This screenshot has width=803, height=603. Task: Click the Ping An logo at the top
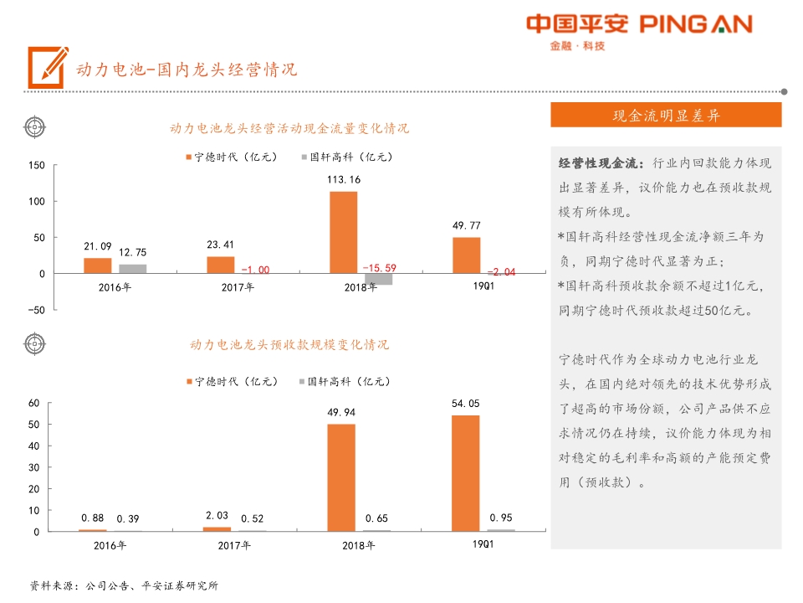639,31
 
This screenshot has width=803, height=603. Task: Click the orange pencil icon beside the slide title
48,66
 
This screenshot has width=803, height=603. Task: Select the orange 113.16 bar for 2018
343,232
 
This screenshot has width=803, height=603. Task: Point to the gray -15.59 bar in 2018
378,279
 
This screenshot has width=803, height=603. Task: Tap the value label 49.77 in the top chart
466,225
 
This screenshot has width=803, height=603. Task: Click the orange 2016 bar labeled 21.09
97,265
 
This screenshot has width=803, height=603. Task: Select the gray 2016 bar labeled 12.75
132,269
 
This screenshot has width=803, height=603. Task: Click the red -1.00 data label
255,270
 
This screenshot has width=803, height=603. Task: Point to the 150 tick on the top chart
37,166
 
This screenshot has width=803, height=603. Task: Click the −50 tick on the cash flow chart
35,310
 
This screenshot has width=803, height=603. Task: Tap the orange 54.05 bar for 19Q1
466,473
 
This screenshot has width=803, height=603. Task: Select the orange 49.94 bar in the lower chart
341,477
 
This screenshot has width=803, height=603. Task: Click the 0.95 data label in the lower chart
501,518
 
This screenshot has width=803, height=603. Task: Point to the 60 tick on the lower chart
34,403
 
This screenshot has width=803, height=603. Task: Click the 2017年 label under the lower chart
233,546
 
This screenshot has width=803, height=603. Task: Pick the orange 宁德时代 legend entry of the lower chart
231,382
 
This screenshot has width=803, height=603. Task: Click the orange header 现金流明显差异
666,116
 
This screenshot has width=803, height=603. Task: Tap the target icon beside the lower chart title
34,343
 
